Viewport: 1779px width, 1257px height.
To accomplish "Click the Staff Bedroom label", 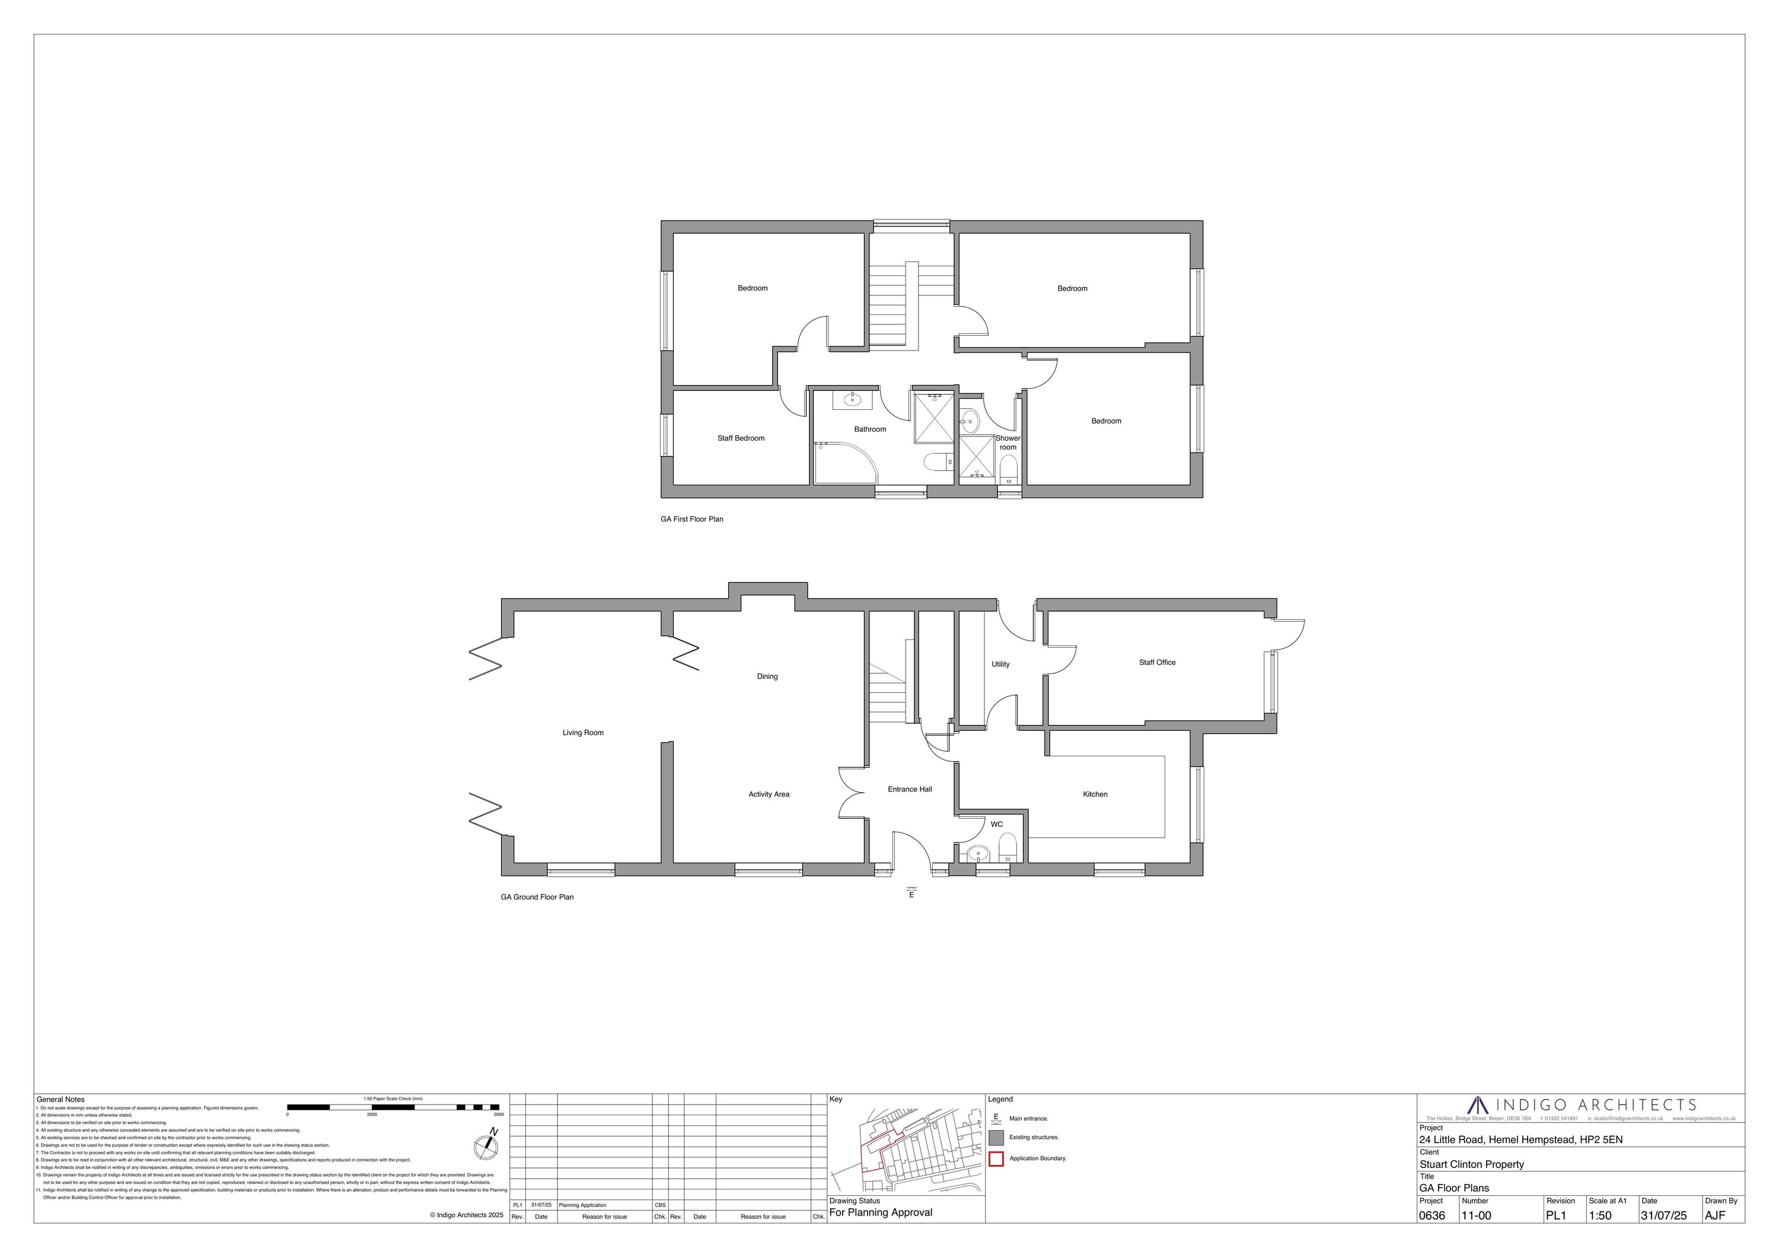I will pos(741,438).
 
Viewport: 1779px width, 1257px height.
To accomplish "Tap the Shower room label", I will pos(1008,443).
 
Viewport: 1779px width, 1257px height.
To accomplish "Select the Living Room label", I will pos(583,733).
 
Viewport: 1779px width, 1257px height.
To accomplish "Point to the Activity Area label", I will pos(769,794).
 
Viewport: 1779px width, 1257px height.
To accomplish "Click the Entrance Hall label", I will pos(910,790).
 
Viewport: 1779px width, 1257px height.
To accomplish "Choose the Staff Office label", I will pos(1157,663).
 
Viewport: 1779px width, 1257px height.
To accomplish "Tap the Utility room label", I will pos(1000,664).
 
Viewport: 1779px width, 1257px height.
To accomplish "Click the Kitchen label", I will pos(1095,794).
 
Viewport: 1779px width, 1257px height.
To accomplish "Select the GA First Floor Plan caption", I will pos(692,519).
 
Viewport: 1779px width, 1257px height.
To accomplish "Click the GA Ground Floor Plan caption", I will pos(537,898).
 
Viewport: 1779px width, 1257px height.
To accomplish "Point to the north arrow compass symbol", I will pos(486,1147).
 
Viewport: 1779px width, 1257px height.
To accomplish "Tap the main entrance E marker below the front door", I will pos(911,893).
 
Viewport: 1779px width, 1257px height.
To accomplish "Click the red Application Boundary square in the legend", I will pos(996,1159).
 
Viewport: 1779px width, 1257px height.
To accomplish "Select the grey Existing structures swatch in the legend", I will pos(996,1138).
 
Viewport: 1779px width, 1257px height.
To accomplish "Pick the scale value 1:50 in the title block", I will pos(1600,1216).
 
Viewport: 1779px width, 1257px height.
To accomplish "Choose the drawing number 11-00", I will pos(1476,1216).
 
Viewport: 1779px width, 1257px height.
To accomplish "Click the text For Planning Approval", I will pos(881,1213).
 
